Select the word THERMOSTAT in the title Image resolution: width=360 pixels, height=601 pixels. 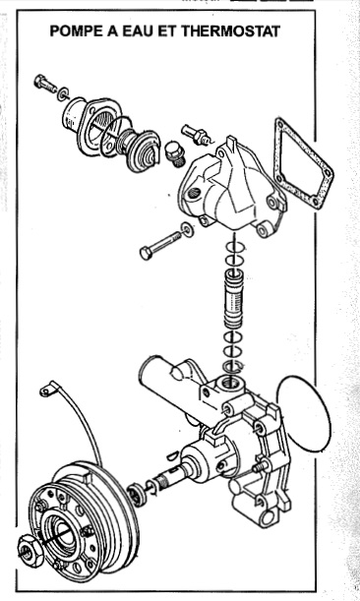point(230,31)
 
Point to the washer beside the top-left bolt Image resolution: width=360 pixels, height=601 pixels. point(63,93)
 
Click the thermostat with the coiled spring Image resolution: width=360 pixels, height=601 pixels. point(140,150)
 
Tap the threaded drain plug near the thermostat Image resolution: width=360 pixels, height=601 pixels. point(174,154)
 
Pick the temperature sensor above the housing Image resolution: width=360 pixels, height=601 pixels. point(196,134)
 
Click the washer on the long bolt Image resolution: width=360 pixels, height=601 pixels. point(188,229)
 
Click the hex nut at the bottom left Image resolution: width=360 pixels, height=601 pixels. point(30,549)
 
